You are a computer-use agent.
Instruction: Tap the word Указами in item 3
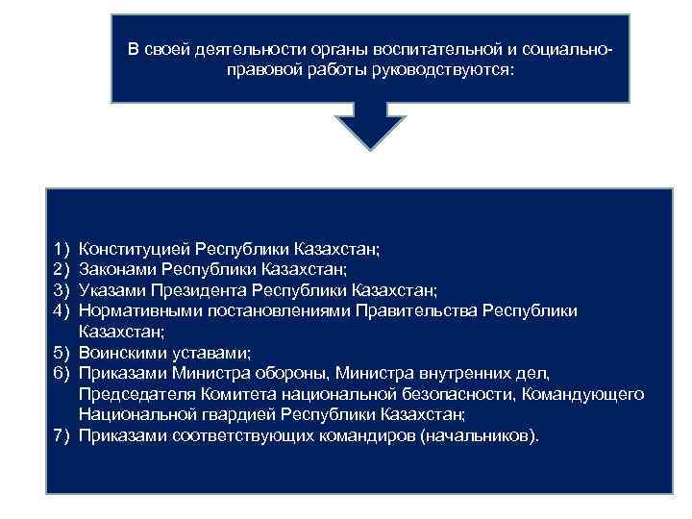click(x=111, y=289)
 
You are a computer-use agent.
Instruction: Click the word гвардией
click(x=244, y=415)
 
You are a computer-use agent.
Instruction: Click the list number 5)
click(x=63, y=353)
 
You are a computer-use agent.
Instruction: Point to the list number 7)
click(x=63, y=436)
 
